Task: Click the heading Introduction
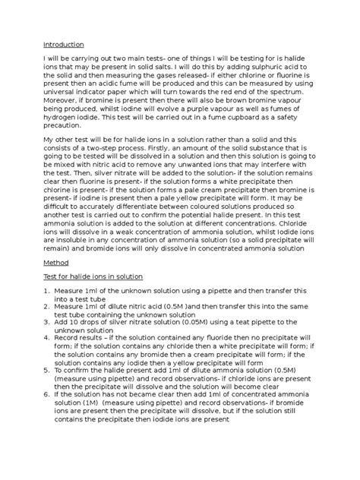63,45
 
